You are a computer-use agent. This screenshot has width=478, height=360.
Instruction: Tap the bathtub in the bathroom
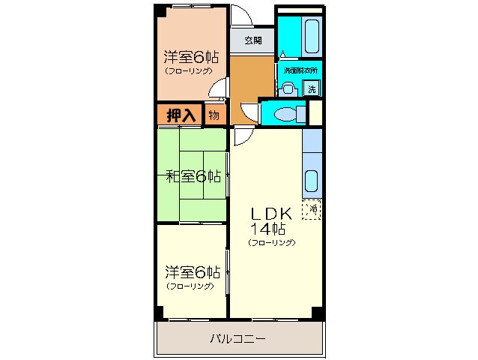(312, 34)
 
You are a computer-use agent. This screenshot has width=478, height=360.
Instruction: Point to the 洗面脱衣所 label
(300, 70)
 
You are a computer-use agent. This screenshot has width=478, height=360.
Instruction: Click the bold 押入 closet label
(180, 115)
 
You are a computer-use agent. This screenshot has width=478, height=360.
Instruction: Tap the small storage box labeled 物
(214, 115)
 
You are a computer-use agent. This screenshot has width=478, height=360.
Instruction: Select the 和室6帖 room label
(193, 176)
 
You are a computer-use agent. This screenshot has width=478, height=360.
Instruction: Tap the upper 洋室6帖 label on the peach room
(191, 56)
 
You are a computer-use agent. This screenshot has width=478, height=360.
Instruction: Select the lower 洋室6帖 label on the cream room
(192, 272)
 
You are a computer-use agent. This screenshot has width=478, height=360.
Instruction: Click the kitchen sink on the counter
(312, 180)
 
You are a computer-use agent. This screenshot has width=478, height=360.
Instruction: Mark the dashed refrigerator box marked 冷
(312, 209)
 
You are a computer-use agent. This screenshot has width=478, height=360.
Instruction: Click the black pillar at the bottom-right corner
(318, 312)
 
